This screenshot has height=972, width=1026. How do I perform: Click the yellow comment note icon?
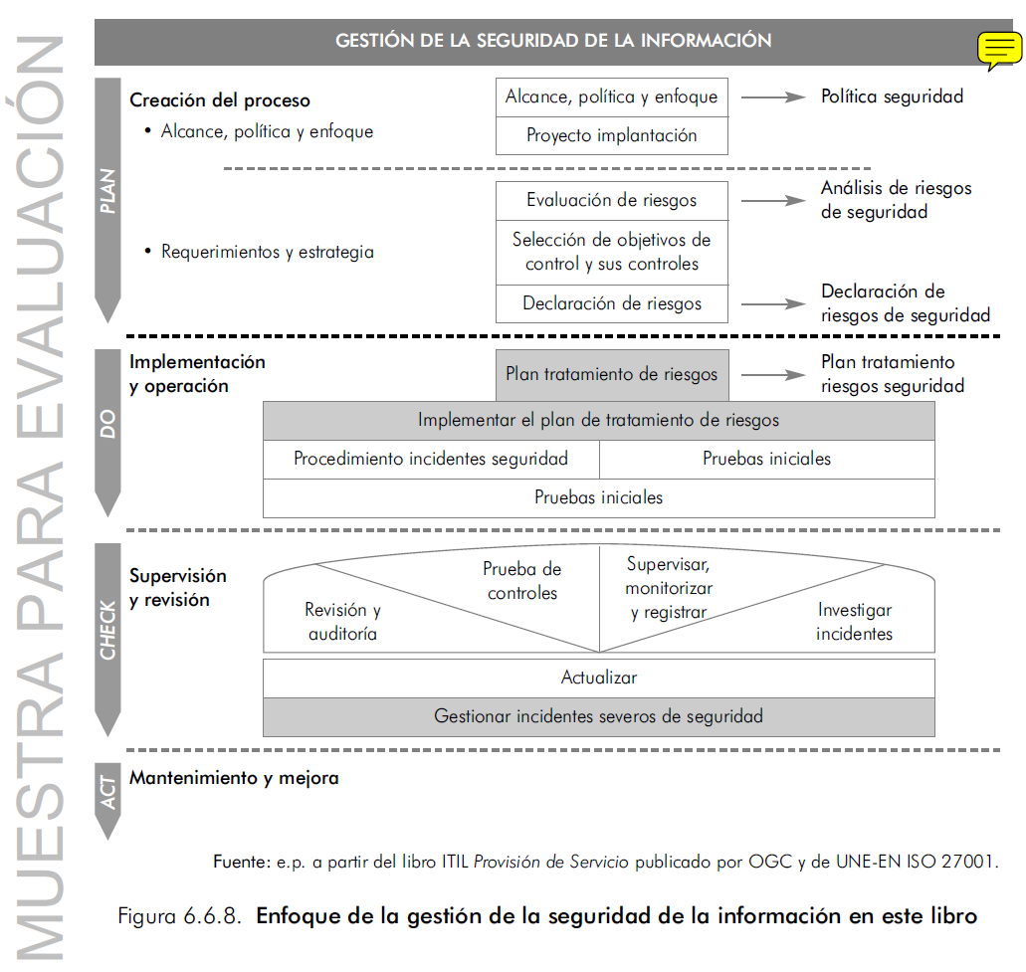pyautogui.click(x=997, y=50)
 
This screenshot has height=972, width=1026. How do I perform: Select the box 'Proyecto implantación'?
pyautogui.click(x=611, y=135)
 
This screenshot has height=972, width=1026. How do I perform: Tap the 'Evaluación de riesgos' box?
pyautogui.click(x=611, y=200)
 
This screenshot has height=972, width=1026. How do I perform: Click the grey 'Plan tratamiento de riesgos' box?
pyautogui.click(x=611, y=375)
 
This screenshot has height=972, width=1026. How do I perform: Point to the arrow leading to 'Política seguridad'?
pyautogui.click(x=772, y=97)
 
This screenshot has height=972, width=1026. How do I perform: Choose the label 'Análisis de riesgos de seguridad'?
pyautogui.click(x=896, y=200)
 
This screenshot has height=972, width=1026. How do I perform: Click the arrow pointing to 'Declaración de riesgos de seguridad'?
pyautogui.click(x=772, y=303)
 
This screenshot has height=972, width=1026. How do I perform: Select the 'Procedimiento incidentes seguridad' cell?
pyautogui.click(x=431, y=459)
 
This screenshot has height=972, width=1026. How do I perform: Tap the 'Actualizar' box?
pyautogui.click(x=598, y=678)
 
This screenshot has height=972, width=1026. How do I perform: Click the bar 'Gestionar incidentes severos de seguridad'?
pyautogui.click(x=598, y=716)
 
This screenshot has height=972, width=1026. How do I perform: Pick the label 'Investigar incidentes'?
pyautogui.click(x=855, y=622)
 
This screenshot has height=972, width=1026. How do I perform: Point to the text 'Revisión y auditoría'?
pyautogui.click(x=342, y=622)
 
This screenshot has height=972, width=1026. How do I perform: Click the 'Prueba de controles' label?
pyautogui.click(x=522, y=581)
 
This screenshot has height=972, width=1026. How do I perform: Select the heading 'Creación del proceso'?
pyautogui.click(x=220, y=100)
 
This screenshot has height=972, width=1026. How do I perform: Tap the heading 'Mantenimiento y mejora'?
pyautogui.click(x=234, y=778)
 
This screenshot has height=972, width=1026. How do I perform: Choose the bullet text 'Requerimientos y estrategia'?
pyautogui.click(x=268, y=252)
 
